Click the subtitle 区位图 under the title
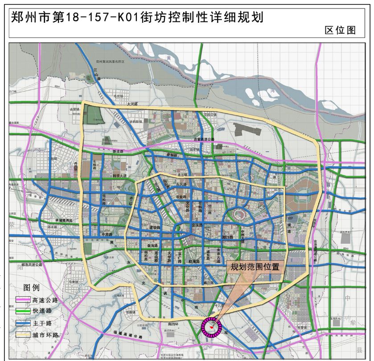tap(340, 30)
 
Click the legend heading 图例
tap(32, 287)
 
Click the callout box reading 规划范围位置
tap(255, 267)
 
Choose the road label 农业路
tap(181, 196)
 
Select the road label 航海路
tap(194, 261)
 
